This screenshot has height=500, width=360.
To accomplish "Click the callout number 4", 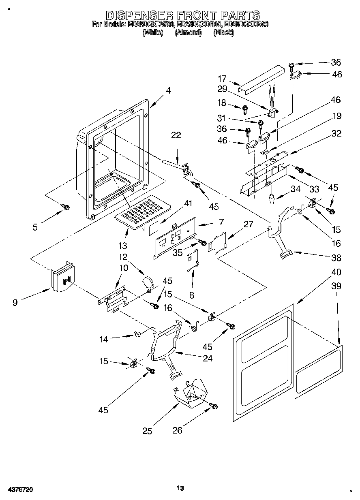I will pyautogui.click(x=168, y=91).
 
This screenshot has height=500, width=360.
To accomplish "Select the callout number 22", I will pyautogui.click(x=176, y=135).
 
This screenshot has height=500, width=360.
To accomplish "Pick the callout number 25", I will pyautogui.click(x=147, y=431).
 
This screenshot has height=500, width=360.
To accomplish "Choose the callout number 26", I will pyautogui.click(x=178, y=430).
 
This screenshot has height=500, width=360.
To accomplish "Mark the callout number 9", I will pyautogui.click(x=15, y=302).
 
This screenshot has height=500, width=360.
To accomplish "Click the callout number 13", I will pyautogui.click(x=122, y=245).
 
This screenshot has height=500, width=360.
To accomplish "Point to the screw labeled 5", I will pyautogui.click(x=65, y=207).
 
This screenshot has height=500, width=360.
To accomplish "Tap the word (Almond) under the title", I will pyautogui.click(x=188, y=33).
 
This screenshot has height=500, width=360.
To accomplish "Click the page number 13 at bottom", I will pyautogui.click(x=180, y=488).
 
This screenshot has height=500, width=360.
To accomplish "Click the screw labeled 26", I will pyautogui.click(x=213, y=406).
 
